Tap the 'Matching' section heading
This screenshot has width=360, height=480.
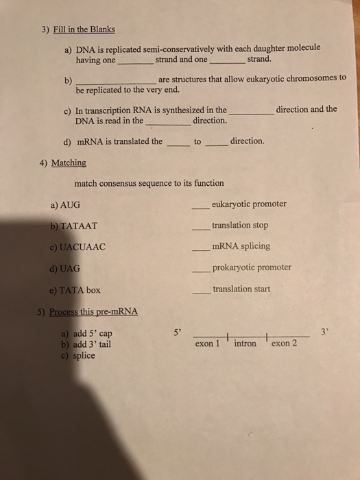[x=69, y=163]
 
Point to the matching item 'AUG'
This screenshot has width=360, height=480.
[x=71, y=204]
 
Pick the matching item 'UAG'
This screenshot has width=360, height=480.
[x=71, y=268]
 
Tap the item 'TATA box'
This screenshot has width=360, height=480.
[x=79, y=289]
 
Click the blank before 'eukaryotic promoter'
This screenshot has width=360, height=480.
[x=200, y=206]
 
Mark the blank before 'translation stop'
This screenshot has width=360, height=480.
[x=200, y=227]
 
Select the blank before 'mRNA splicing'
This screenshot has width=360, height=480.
[x=200, y=248]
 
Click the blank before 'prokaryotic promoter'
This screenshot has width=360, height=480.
[x=200, y=269]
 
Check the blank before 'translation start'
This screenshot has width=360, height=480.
[x=200, y=291]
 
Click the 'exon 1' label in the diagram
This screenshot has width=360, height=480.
[x=206, y=344]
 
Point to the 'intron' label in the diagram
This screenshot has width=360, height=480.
[x=245, y=343]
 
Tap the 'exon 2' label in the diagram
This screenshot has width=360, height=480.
[x=284, y=344]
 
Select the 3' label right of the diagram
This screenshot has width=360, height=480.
[x=324, y=333]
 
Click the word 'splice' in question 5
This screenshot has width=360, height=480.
[x=84, y=355]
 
